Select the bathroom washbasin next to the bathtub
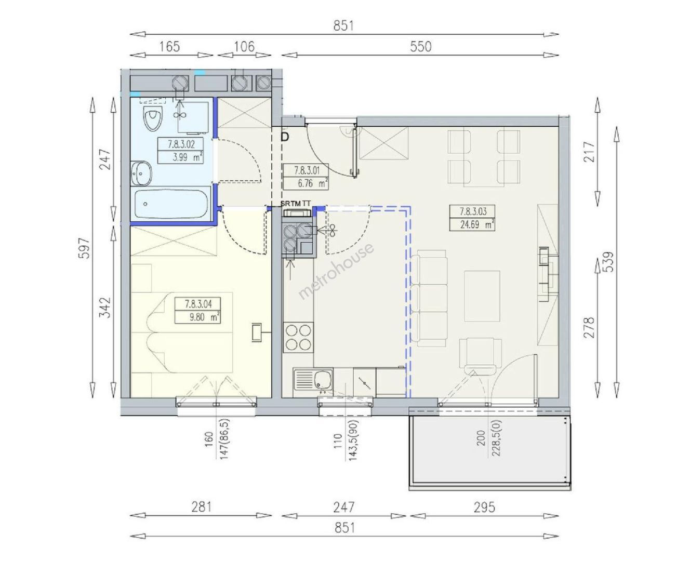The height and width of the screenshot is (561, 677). click(141, 173)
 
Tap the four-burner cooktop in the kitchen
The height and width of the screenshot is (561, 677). click(298, 337)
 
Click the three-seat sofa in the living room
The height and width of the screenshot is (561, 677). click(429, 296)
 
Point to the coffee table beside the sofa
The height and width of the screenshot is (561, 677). click(482, 296)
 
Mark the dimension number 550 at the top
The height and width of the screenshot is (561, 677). click(420, 47)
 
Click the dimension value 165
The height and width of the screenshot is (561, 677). click(169, 47)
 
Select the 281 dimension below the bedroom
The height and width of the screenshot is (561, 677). click(201, 507)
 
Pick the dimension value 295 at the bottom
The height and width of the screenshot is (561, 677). click(484, 507)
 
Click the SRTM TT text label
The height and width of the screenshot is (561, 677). click(296, 204)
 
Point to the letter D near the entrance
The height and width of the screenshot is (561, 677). click(285, 137)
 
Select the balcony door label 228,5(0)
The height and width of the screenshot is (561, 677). click(496, 442)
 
